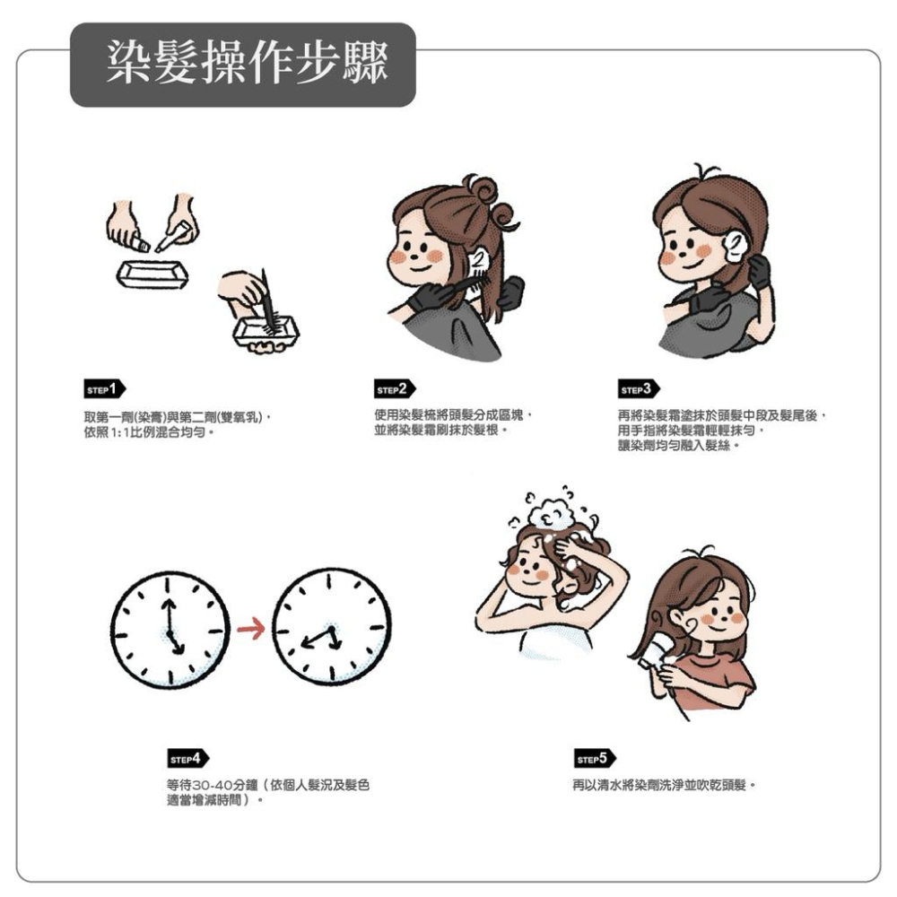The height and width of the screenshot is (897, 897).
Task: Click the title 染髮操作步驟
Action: [248, 62]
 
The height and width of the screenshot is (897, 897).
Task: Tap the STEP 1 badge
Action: [105, 389]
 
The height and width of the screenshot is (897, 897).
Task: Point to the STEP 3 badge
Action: [639, 389]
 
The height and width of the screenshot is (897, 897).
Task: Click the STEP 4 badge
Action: [188, 759]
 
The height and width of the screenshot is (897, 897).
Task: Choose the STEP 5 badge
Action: [596, 759]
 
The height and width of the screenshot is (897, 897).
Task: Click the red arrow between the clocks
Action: [250, 629]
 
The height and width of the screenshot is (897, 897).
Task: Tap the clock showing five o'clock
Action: [170, 630]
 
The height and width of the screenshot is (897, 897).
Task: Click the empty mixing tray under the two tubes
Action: [152, 275]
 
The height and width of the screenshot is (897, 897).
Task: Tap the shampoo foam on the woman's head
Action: [551, 514]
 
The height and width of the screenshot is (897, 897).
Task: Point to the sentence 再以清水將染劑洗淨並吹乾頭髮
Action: [664, 785]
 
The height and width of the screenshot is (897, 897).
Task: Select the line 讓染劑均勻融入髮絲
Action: [678, 445]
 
